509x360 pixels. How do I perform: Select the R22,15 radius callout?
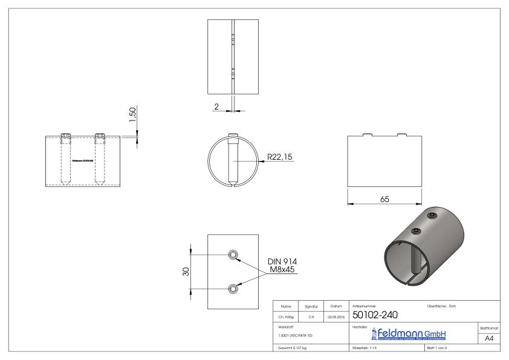tap(280, 157)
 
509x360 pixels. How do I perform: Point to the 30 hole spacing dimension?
tap(186, 272)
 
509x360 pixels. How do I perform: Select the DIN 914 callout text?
tap(282, 261)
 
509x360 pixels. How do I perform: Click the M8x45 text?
tap(282, 270)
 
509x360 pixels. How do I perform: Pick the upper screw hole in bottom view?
tap(232, 254)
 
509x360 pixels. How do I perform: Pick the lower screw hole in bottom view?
tap(232, 289)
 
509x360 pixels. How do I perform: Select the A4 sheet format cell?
tap(490, 339)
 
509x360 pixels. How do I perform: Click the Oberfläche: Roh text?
tap(442, 306)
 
